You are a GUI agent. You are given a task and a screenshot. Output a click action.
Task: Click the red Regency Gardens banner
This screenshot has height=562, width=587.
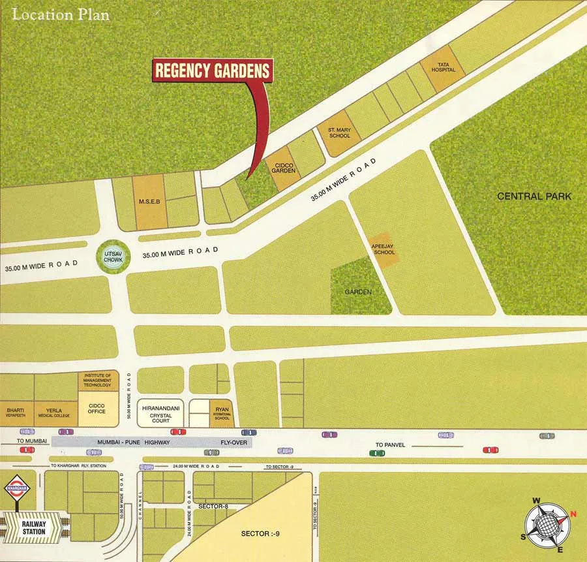click(x=213, y=71)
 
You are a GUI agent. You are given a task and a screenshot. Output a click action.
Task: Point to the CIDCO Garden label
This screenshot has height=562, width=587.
click(x=284, y=168)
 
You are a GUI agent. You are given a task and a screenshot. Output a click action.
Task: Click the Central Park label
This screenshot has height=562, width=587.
click(x=534, y=196)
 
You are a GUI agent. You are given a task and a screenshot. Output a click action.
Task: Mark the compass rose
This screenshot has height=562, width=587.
click(x=547, y=524)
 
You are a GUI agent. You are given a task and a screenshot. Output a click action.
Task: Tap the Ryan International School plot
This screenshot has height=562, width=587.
click(x=221, y=413)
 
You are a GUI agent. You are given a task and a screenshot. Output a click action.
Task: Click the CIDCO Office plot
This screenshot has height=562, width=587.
click(x=97, y=409)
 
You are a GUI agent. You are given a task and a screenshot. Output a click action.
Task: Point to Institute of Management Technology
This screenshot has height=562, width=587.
click(x=98, y=381)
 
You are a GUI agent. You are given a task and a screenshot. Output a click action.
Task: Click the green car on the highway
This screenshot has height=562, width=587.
click(x=377, y=452)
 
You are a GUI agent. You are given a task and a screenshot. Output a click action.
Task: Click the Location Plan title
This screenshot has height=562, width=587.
click(x=61, y=14)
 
